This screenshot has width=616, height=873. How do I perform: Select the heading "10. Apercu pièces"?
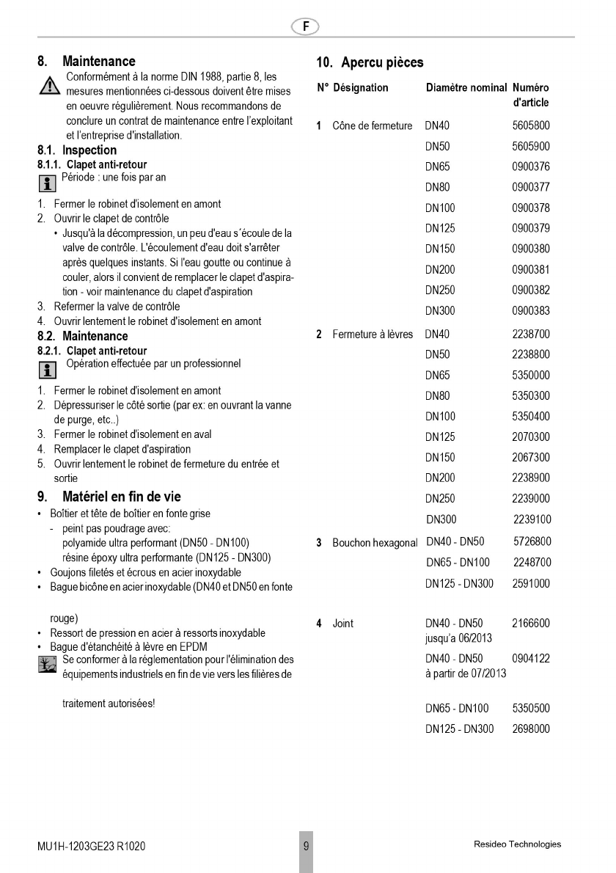(370, 62)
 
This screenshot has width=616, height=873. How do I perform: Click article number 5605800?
(531, 126)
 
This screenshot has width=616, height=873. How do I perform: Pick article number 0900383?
(531, 311)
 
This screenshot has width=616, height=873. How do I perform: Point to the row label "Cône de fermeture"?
(372, 126)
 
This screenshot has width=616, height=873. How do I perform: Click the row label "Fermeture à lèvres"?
(373, 335)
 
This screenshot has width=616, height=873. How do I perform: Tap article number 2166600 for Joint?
(531, 624)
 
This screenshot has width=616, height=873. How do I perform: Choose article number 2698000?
(531, 729)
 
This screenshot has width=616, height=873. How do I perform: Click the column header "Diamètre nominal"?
(466, 88)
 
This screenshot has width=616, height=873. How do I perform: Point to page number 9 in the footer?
(306, 845)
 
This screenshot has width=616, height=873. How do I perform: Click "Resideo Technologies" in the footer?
(518, 844)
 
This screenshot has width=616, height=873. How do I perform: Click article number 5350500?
(531, 709)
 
